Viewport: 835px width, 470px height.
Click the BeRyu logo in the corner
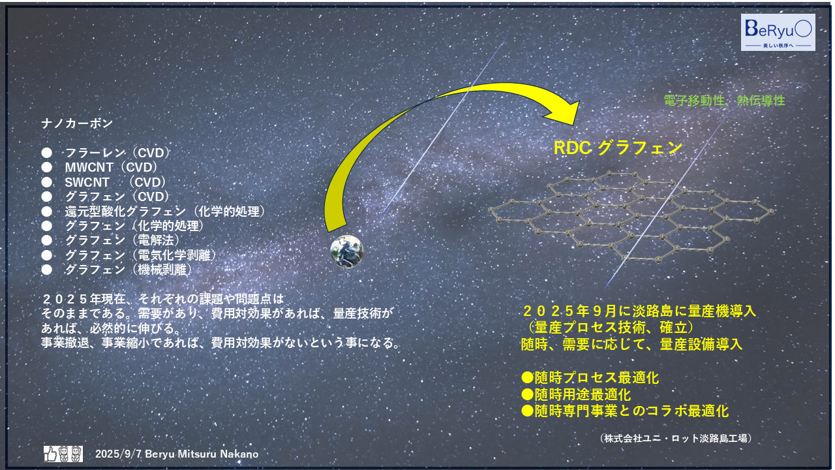pos(778,32)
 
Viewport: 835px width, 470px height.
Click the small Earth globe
pos(346,251)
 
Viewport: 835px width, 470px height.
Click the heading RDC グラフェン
pos(618,148)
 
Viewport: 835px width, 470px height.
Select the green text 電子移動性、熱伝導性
pos(723,101)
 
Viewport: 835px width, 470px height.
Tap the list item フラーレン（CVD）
pos(117,153)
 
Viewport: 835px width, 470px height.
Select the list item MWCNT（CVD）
pos(111,167)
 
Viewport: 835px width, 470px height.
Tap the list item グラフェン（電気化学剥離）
pos(140,255)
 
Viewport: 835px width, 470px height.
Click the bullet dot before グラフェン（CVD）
pos(46,196)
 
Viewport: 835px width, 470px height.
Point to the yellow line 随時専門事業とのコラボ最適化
pos(625,411)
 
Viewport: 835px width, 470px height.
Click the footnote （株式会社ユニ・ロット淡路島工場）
pos(676,439)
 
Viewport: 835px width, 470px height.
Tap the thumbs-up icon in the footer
pos(50,453)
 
